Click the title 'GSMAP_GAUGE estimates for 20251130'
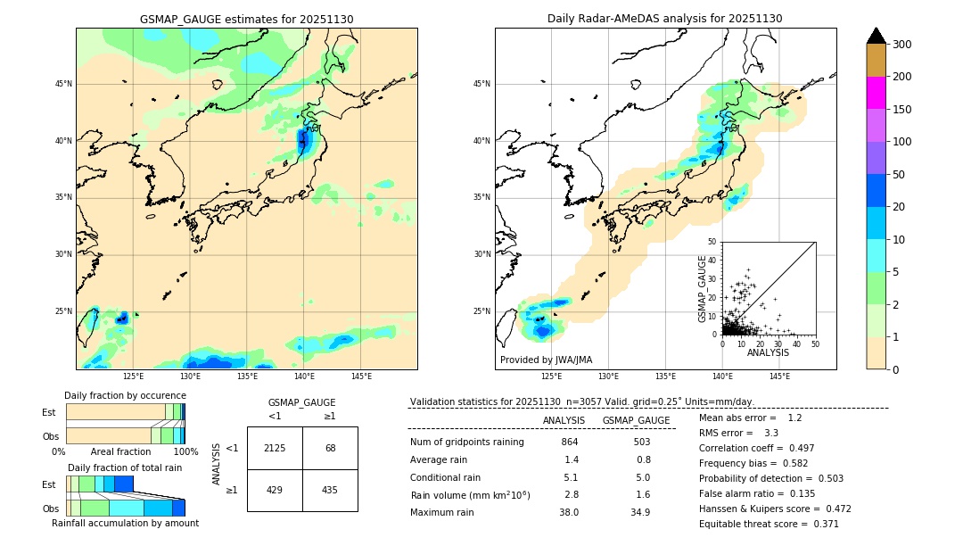click(x=246, y=19)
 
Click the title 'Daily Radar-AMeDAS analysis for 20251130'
click(x=664, y=19)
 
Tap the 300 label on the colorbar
click(x=902, y=45)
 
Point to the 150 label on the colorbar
click(x=902, y=110)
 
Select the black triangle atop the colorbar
click(x=877, y=36)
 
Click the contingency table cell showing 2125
click(x=275, y=448)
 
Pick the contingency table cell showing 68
click(x=330, y=448)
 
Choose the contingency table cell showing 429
click(x=275, y=491)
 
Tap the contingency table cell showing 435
click(x=330, y=491)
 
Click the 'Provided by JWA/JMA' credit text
click(x=546, y=360)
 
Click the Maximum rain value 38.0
click(x=569, y=512)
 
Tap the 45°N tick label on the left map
click(x=63, y=84)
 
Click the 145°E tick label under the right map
click(x=779, y=376)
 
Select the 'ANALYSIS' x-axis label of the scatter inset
click(x=768, y=352)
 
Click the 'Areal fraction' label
click(x=120, y=451)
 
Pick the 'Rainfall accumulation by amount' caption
click(x=125, y=523)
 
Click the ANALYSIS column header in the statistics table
click(x=564, y=420)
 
